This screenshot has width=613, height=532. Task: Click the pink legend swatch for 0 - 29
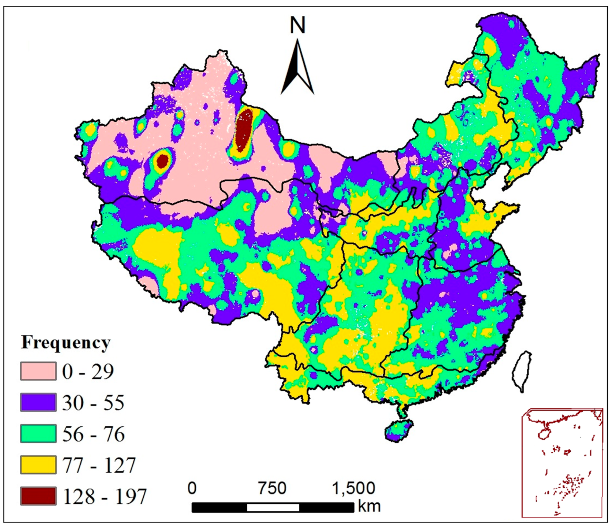pos(38,371)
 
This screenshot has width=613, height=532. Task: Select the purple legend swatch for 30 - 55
pos(38,403)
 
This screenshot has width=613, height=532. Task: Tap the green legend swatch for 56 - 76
pos(38,434)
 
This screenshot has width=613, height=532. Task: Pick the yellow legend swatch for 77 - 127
pos(38,465)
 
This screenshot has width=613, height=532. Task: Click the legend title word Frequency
pos(66,343)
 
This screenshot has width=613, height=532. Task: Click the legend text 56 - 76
pos(93,434)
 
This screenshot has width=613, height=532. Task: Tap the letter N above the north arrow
pos(297,25)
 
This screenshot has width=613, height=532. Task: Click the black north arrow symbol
pos(297,71)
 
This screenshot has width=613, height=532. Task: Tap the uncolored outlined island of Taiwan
pos(522,371)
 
